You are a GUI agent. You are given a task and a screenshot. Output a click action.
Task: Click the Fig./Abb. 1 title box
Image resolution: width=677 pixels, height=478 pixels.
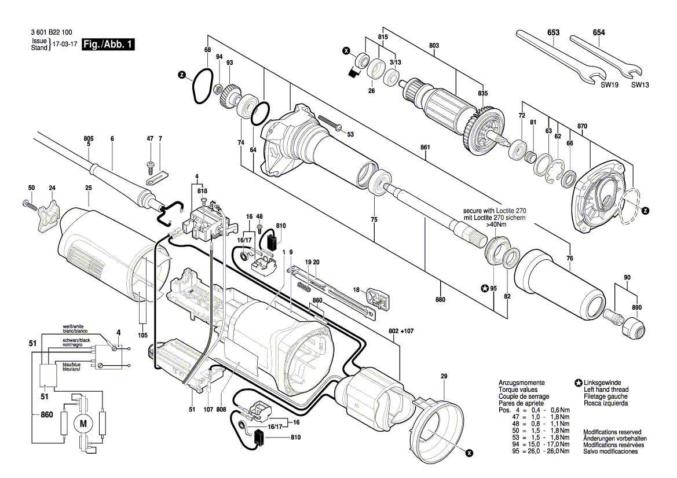coord(108,45)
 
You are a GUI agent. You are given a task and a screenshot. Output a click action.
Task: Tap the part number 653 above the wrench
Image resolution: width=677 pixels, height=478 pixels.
coord(553,33)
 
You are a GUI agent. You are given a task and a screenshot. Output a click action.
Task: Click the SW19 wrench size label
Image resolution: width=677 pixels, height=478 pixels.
coord(606,85)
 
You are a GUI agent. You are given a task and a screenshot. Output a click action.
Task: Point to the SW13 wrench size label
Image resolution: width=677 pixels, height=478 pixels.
coord(640,85)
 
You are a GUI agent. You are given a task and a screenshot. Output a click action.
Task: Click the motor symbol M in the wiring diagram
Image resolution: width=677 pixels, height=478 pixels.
coord(82,424)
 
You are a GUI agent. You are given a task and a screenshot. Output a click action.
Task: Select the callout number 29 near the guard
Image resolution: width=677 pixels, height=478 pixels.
coord(444,377)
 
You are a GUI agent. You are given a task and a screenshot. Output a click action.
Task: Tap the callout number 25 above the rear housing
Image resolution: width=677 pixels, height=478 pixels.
coord(89,187)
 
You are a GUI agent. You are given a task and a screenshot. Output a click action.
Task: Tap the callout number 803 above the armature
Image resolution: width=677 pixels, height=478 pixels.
coord(434,46)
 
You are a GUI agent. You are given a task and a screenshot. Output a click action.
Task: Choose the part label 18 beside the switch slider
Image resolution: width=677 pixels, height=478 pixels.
coord(357,290)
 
